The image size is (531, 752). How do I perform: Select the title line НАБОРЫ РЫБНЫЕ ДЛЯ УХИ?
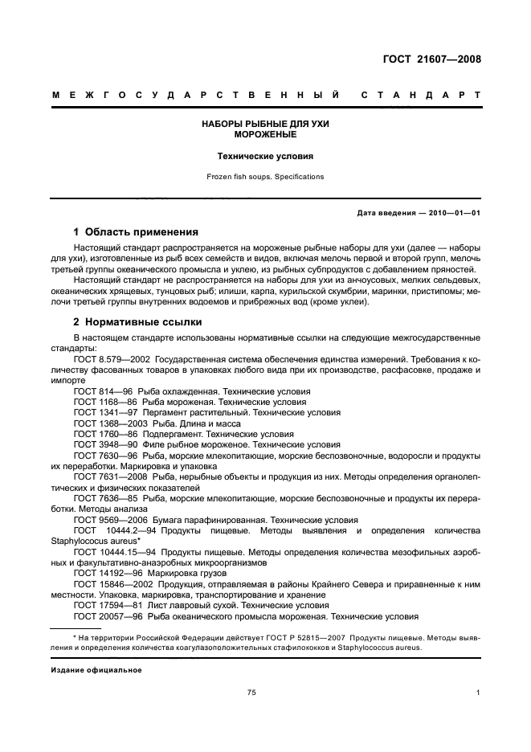click(x=265, y=124)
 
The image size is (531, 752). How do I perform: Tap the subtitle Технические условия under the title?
click(x=265, y=157)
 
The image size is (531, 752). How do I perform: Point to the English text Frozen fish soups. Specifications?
click(x=265, y=176)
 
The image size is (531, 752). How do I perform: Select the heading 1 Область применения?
click(x=136, y=231)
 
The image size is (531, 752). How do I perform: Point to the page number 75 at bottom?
click(x=251, y=693)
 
